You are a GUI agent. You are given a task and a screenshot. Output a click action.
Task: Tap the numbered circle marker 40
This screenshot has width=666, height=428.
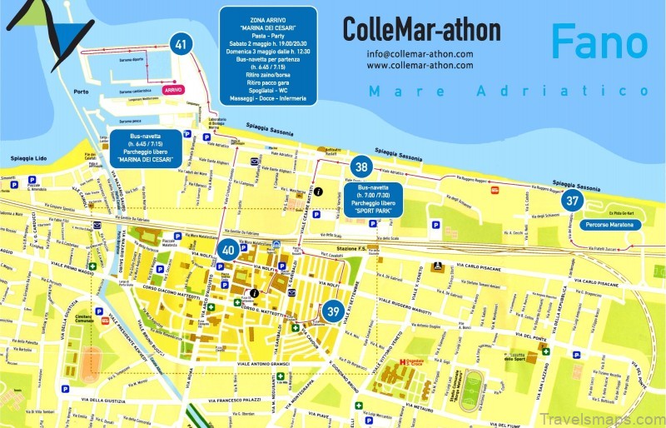pos(229,248)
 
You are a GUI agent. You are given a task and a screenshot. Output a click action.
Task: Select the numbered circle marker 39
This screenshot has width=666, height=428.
pos(332,311)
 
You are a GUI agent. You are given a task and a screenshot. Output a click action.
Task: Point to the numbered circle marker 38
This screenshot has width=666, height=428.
pos(360,167)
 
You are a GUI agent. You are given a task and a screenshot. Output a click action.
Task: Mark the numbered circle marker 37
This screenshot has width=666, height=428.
pos(572,200)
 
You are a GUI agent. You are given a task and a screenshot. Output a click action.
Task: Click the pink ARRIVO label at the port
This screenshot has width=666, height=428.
pos(173,89)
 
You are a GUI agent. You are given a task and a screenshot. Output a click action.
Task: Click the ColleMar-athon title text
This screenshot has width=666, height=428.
pos(421,30)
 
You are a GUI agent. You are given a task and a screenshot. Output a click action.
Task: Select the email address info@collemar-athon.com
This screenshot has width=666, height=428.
pos(420,54)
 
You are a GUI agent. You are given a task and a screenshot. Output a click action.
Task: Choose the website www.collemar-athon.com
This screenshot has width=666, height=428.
pos(420,65)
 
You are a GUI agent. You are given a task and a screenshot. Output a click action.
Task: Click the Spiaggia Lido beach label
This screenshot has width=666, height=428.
pos(27,158)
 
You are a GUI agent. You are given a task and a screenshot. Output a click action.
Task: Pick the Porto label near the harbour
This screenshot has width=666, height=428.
pos(81,92)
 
